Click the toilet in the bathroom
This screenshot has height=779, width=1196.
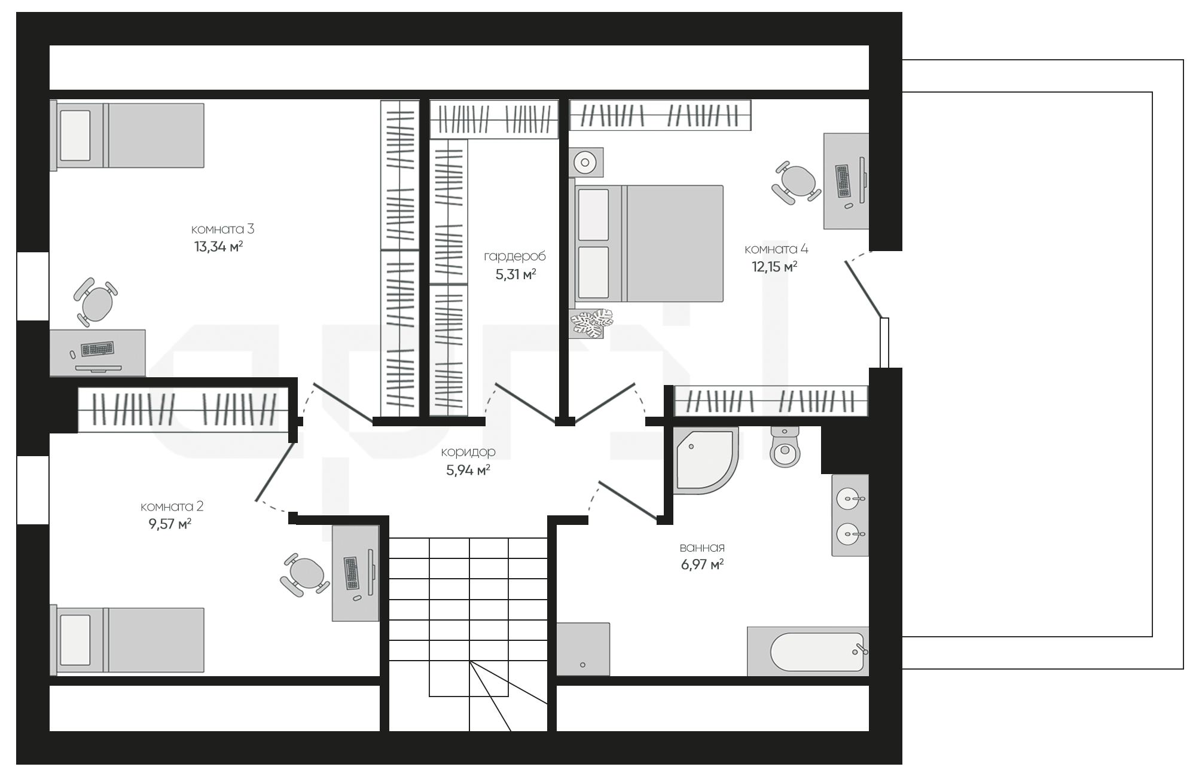tap(785, 447)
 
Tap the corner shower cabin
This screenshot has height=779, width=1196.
tap(706, 460)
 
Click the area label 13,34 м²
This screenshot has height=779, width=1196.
tap(218, 246)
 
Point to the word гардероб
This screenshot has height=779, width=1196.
tap(515, 256)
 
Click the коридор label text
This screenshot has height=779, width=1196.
tap(468, 452)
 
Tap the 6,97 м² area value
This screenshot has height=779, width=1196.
tap(702, 564)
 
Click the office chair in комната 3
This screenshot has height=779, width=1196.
tap(95, 302)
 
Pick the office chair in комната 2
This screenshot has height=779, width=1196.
tap(305, 575)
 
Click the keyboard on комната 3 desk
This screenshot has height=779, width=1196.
tap(97, 348)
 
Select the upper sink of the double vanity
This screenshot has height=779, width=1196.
tap(849, 497)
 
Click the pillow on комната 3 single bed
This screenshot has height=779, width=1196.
tap(75, 135)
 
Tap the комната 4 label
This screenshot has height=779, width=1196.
tap(776, 249)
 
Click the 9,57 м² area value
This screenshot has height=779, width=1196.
tap(170, 524)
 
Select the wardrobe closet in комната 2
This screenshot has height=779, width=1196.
tap(184, 410)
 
